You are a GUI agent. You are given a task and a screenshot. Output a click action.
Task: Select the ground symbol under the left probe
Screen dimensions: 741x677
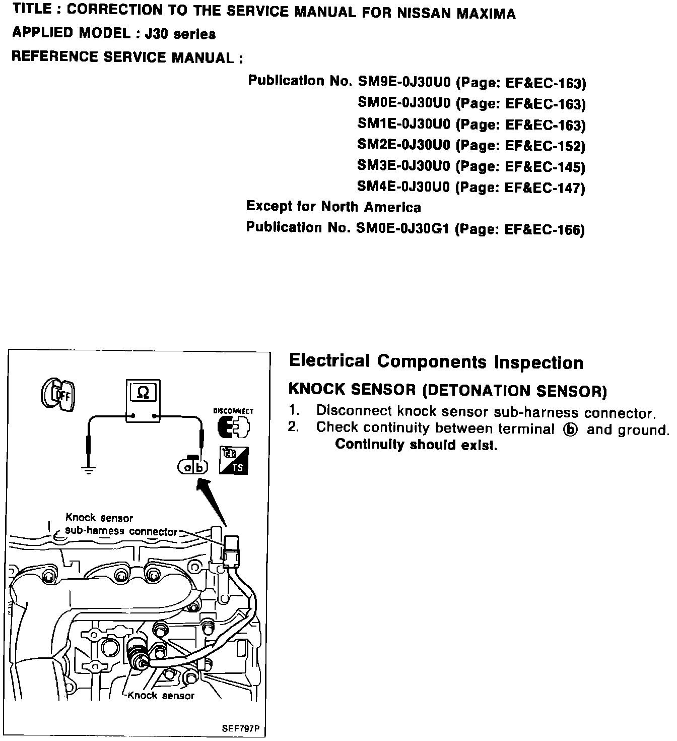[89, 470]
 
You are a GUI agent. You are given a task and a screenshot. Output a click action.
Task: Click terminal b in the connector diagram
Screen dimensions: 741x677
[200, 468]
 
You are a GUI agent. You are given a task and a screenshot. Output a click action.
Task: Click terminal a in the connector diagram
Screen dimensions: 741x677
[187, 468]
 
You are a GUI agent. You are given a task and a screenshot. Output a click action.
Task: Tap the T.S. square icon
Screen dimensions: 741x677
[233, 460]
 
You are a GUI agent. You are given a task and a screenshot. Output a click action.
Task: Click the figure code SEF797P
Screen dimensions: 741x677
[243, 728]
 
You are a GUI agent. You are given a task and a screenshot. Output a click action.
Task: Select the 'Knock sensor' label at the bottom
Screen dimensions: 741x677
[161, 696]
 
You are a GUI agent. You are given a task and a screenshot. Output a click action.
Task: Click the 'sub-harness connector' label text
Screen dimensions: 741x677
[121, 531]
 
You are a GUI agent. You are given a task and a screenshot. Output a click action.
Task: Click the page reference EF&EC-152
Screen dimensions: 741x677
[544, 146]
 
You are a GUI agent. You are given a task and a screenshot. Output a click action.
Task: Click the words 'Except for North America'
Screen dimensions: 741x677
[333, 207]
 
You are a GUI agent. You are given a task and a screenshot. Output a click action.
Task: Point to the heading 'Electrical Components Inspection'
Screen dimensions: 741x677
[436, 362]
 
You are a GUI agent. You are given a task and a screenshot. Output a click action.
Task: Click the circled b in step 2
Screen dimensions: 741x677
[570, 430]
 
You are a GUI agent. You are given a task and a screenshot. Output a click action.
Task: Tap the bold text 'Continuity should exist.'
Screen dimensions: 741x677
[416, 445]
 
